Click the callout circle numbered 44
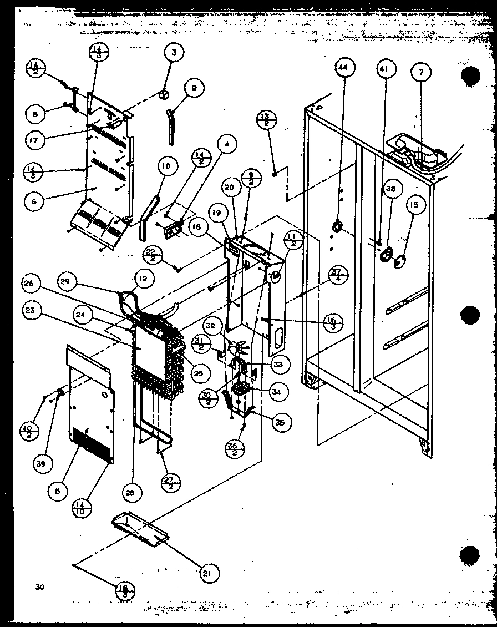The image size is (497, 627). [x=343, y=69]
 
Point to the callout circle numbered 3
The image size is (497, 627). [x=174, y=54]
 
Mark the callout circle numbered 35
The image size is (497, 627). [x=281, y=421]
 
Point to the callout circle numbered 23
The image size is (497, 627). [x=29, y=311]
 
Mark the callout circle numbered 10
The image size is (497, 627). [x=167, y=165]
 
